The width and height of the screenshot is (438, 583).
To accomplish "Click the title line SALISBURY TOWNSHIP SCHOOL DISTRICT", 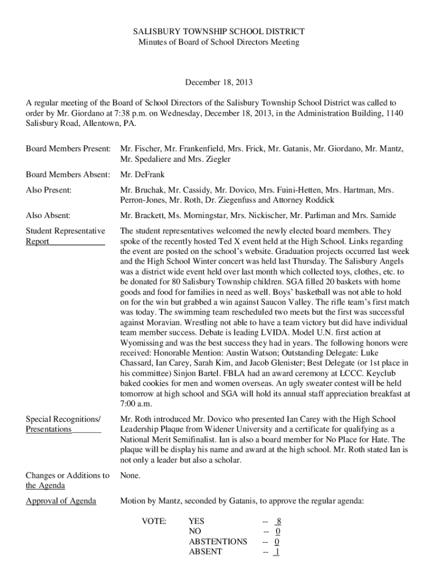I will tap(219, 32).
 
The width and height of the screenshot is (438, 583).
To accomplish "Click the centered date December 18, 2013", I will tap(219, 83).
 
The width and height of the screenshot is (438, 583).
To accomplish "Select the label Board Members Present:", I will tap(68, 149).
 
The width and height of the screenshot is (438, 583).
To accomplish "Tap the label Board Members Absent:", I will tap(67, 175).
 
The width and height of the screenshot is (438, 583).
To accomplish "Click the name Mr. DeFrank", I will tap(142, 175).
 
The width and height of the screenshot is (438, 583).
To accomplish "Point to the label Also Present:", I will tap(49, 190).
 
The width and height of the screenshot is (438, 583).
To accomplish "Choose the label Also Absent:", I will tap(48, 215).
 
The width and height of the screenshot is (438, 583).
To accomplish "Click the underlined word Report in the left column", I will tap(38, 241).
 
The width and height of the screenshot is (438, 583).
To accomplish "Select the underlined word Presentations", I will tap(49, 429).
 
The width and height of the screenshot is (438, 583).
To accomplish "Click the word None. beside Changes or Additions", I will tap(130, 475).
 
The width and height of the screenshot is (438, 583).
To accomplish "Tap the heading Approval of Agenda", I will tap(61, 501).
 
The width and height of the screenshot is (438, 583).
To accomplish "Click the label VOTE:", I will tap(154, 521).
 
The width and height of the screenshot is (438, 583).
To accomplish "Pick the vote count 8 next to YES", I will tap(278, 521).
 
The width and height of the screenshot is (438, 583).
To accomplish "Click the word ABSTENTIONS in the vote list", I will tap(218, 541).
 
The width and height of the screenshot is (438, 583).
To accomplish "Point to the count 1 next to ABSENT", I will tap(276, 552).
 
